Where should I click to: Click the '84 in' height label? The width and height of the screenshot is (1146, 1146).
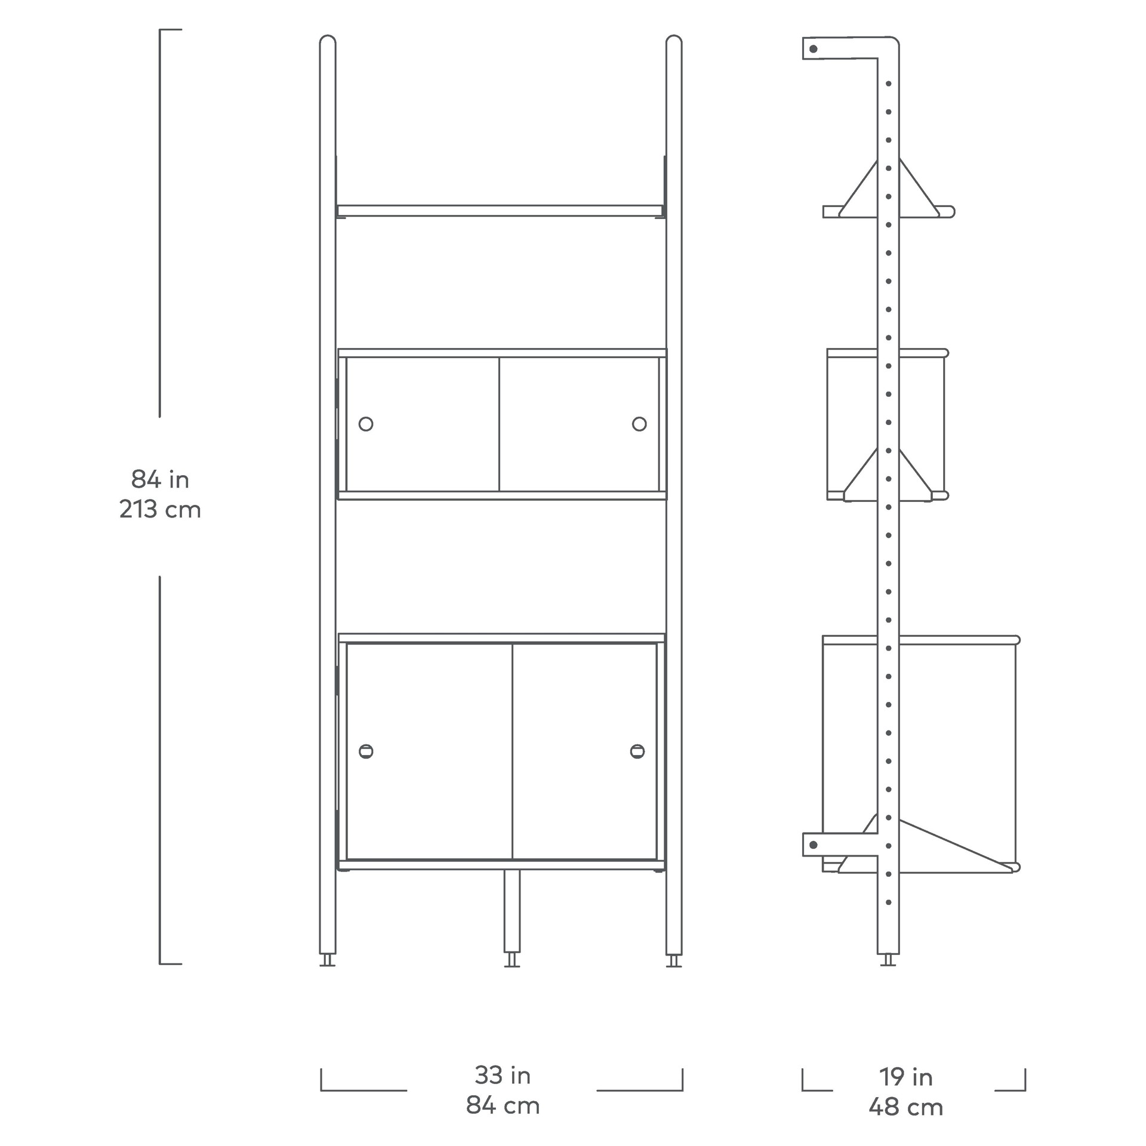tap(160, 479)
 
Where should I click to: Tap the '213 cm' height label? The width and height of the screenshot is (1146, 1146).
tap(160, 510)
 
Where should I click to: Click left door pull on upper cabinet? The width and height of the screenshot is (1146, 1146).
tap(366, 424)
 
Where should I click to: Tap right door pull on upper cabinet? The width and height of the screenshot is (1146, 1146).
tap(639, 424)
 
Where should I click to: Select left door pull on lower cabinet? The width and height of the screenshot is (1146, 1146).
tap(366, 751)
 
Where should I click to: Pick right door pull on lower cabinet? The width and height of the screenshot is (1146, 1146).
tap(637, 751)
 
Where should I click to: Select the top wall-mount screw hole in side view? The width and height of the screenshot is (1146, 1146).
tap(813, 49)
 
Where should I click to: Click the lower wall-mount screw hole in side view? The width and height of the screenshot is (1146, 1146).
tap(813, 845)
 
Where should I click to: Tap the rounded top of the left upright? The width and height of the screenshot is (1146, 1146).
tap(328, 41)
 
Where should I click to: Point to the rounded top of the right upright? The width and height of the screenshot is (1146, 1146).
tap(674, 41)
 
